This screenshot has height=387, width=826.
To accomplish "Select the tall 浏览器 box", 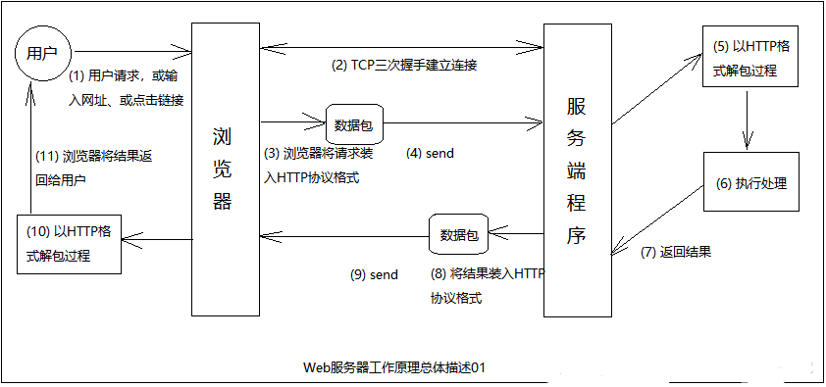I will tap(225, 167).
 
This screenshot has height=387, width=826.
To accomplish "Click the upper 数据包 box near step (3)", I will tap(354, 124).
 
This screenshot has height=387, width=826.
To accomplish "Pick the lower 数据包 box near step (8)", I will tap(459, 235).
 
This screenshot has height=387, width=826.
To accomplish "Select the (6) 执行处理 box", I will tap(749, 183).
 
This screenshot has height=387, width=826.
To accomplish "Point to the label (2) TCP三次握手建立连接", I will tap(405, 65).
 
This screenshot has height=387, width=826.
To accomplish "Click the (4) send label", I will tap(431, 154).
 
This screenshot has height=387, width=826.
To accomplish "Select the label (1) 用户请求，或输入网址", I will tap(126, 87).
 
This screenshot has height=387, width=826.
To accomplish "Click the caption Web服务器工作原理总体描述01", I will tap(395, 367).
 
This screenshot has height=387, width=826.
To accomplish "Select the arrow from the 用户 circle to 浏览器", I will tap(131, 48).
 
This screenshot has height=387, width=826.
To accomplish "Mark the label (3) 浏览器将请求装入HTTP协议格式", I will tap(316, 166).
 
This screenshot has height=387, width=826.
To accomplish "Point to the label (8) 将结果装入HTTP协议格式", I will tap(485, 285).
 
